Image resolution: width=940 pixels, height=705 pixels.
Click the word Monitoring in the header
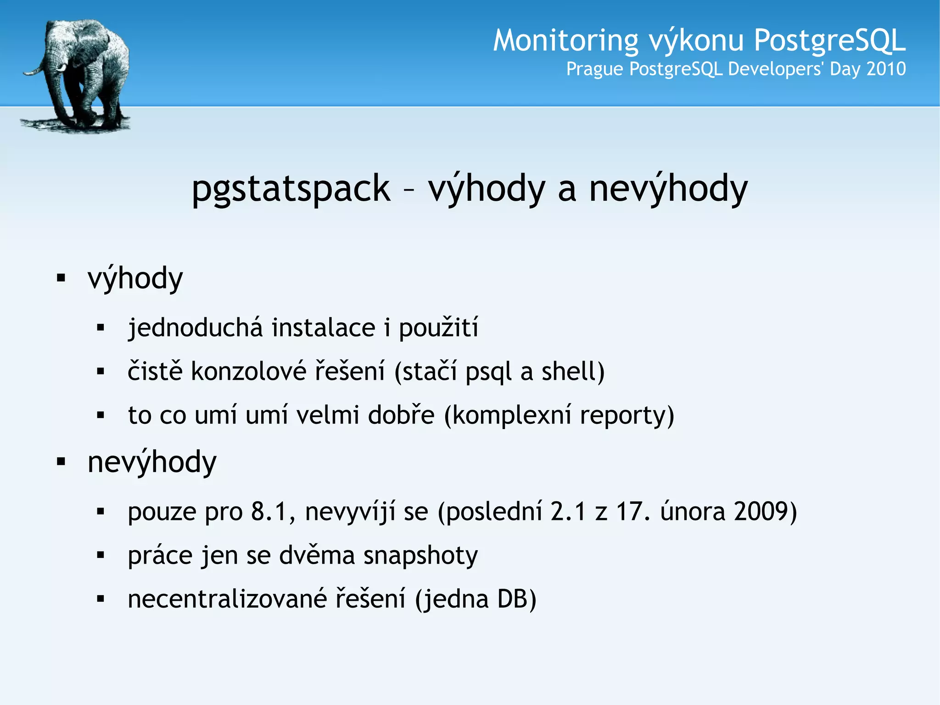click(x=565, y=40)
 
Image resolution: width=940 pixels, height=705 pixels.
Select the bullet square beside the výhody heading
click(x=61, y=278)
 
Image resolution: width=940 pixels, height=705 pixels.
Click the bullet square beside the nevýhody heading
click(x=61, y=462)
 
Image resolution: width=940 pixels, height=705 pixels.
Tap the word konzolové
click(x=248, y=371)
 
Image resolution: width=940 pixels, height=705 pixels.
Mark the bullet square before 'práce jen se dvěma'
click(x=101, y=555)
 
